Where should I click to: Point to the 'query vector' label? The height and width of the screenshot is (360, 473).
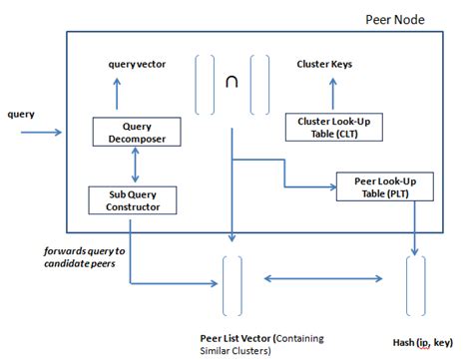pos(138,65)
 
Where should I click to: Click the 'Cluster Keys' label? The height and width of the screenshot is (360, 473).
pos(324,65)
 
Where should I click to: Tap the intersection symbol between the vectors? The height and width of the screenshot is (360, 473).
pos(232,85)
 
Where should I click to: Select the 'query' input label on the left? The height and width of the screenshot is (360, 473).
pos(23,114)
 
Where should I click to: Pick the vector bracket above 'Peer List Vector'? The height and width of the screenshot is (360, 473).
pos(232,284)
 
